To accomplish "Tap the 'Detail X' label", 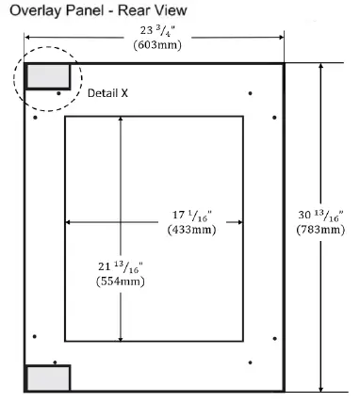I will tap(109, 94).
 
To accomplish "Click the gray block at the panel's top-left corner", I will tap(47, 75).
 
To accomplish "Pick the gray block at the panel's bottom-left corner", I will tap(47, 378).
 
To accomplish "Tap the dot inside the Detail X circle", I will tap(58, 93).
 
